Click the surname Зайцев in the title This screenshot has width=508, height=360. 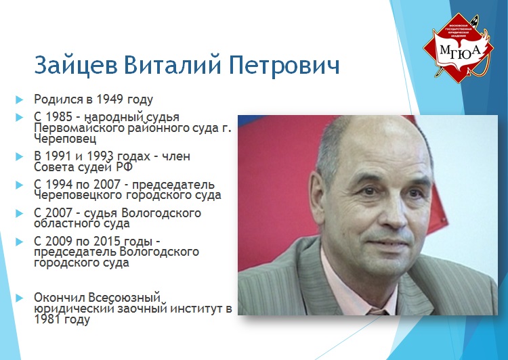(76, 65)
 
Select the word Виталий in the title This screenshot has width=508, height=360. (173, 64)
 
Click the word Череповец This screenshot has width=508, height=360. (65, 139)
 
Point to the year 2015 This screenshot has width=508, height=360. (107, 241)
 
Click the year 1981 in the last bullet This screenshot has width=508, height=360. (47, 319)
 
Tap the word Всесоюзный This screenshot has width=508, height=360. (125, 297)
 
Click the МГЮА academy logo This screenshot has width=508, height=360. (458, 47)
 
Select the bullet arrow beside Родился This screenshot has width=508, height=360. (20, 99)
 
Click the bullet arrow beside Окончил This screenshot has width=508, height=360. (20, 298)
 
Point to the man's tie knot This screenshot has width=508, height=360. (377, 311)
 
